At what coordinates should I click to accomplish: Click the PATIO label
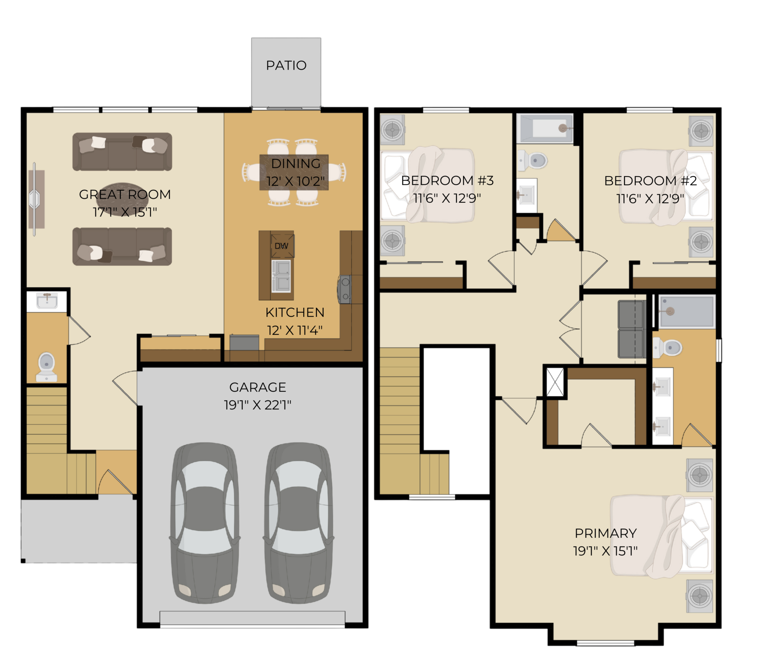coord(286,66)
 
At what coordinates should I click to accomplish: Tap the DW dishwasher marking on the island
coord(282,246)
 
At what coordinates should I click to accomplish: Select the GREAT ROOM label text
coord(125,194)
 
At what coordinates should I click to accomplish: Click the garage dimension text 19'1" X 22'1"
coord(258,404)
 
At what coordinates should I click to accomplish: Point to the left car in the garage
coord(204,523)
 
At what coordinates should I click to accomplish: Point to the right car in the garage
coord(298,523)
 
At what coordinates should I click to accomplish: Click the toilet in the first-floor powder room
coord(46,367)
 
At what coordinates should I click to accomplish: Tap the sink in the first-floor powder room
coord(47,301)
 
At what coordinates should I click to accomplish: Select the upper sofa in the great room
coord(122,152)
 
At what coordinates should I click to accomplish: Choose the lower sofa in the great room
coord(122,247)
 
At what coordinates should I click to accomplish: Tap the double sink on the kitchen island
coord(281,276)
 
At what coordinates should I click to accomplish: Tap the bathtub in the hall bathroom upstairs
coord(545,129)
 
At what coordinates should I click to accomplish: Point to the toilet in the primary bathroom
coord(668,348)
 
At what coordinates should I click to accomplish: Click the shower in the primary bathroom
coord(687,312)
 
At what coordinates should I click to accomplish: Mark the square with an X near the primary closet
coord(555,382)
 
